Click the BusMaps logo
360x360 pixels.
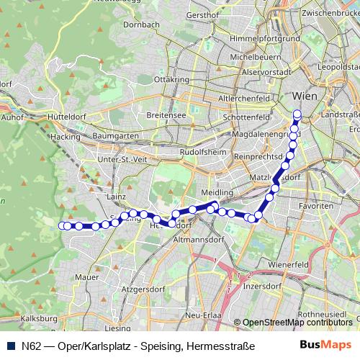(325, 344)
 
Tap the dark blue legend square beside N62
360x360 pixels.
(11, 345)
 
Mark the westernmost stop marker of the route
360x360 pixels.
(61, 225)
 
